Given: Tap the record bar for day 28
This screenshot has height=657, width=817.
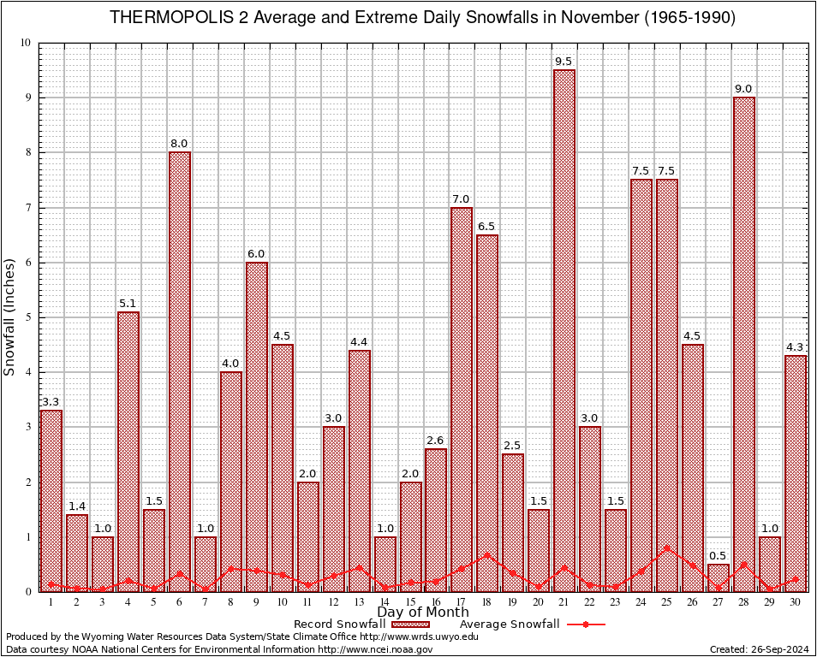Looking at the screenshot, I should (744, 342).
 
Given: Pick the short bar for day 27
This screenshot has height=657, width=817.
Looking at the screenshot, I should (719, 577).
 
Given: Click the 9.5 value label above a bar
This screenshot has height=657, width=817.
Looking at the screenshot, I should (564, 62).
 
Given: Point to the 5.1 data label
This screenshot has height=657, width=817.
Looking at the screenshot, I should (128, 303).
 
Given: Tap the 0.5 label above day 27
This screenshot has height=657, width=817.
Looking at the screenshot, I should (719, 556).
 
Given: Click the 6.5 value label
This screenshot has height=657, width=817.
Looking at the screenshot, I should (487, 226).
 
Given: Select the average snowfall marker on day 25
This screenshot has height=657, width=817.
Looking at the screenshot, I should (667, 547).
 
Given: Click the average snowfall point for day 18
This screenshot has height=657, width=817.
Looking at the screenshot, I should (487, 554).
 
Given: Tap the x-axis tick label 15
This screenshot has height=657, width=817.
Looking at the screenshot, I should (410, 602).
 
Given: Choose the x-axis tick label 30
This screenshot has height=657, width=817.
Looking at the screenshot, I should (796, 602).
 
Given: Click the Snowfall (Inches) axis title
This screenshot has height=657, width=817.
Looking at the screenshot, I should (10, 317).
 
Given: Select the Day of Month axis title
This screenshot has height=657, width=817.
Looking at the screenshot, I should (422, 613).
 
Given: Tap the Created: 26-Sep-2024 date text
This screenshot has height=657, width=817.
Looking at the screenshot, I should (760, 649).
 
